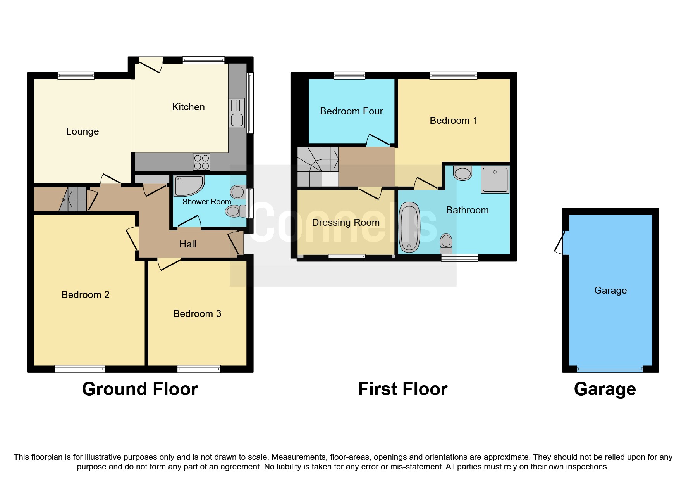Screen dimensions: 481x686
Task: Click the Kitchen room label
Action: coord(188,107)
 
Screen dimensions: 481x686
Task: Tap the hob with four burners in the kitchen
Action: coord(201,162)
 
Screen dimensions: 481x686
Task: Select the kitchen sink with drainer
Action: coord(237,113)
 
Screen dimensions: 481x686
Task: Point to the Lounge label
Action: coord(83,131)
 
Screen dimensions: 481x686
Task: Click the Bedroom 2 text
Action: coord(86,295)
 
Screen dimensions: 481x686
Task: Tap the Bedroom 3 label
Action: coord(197,314)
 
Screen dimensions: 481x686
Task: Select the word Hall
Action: coord(188,244)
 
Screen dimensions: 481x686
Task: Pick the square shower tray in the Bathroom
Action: coord(495,180)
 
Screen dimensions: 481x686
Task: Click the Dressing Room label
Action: coord(346,223)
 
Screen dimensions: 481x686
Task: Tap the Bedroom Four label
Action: coord(351,111)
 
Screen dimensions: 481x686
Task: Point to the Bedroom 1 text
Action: coord(453,121)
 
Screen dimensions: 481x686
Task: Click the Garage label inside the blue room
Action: coord(610,291)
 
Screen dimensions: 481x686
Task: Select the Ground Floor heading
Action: coord(140,389)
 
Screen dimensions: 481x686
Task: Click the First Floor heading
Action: coord(402,389)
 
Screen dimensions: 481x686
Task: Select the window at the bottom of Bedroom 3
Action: coord(199,369)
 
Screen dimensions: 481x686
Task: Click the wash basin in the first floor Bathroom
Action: coord(462,173)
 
